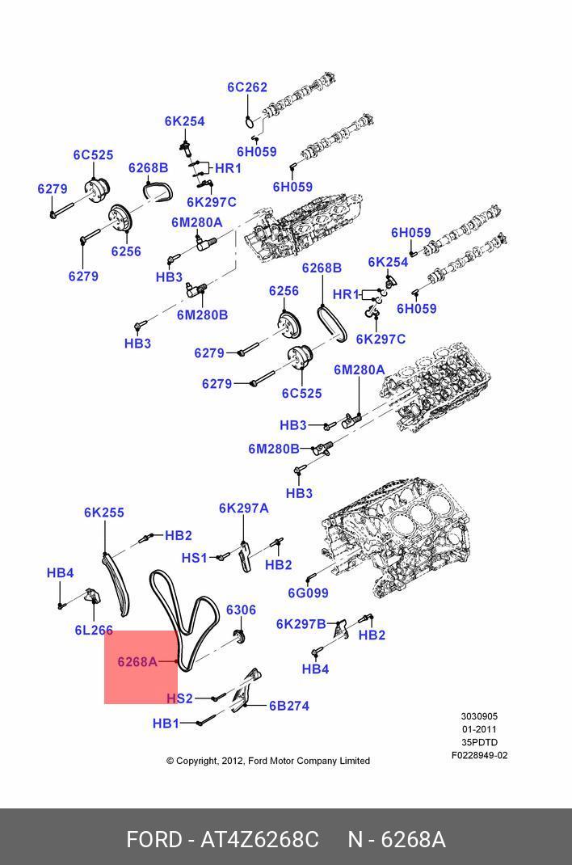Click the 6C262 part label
[x=246, y=87]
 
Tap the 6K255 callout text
[x=104, y=513]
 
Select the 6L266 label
[x=94, y=630]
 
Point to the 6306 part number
[x=241, y=610]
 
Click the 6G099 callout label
[x=308, y=593]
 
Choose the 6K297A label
[x=243, y=508]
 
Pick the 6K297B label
[x=301, y=623]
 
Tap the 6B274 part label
[x=289, y=706]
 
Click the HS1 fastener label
[x=194, y=557]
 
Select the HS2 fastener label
[x=180, y=698]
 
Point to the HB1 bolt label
[x=166, y=724]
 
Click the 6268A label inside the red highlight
[x=137, y=661]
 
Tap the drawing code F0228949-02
[x=479, y=756]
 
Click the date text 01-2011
[x=479, y=729]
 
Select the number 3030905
[x=479, y=716]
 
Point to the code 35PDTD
[x=479, y=742]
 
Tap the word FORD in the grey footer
[x=153, y=840]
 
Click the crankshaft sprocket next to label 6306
[x=239, y=637]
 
